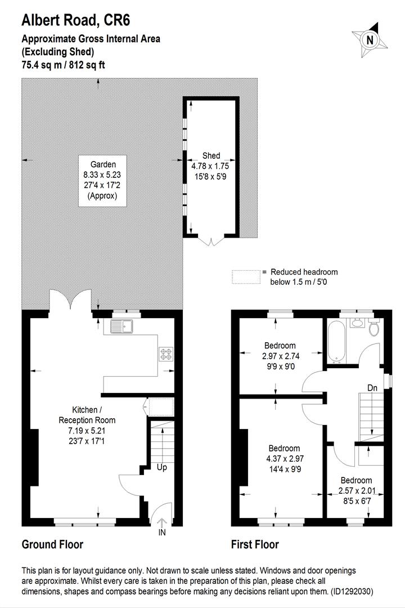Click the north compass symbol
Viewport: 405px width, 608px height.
369,39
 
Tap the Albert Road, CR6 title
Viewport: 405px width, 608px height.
75,21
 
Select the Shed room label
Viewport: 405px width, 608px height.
211,156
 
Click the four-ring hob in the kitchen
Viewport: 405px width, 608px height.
166,354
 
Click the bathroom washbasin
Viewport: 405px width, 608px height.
357,323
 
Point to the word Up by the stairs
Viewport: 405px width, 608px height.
162,467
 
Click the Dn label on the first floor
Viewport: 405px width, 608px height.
372,388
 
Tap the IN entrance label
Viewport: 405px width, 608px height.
163,532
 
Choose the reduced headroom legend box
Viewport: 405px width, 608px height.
246,276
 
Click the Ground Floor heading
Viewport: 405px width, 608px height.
52,544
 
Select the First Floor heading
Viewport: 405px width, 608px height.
255,544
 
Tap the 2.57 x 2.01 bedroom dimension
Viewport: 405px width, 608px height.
356,490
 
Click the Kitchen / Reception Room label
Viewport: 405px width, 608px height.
86,415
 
